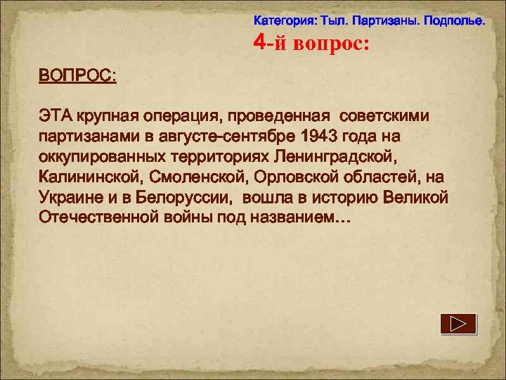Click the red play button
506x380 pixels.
point(458,324)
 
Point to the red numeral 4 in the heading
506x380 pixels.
point(259,43)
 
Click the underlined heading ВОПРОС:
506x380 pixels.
point(77,75)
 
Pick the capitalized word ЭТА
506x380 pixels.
point(54,115)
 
